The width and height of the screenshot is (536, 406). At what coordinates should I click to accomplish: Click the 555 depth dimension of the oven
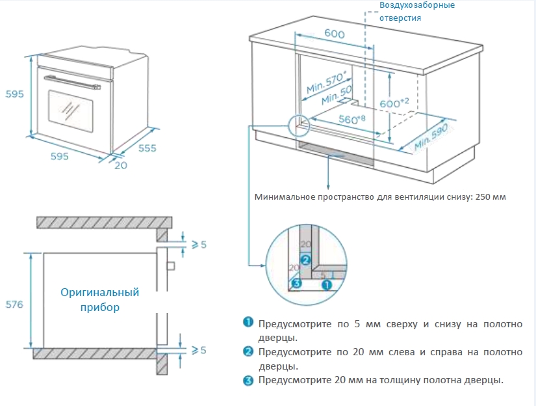tap(147, 148)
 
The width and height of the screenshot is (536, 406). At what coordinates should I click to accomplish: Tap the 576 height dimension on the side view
tap(14, 304)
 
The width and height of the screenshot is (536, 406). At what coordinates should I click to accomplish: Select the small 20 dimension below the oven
tap(121, 165)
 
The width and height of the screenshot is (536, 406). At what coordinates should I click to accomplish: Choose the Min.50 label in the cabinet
tap(337, 96)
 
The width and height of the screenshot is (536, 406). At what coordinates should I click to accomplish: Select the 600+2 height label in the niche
tap(394, 102)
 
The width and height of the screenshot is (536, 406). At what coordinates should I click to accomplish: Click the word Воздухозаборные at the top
tap(417, 5)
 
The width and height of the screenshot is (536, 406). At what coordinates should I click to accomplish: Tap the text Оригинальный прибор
tap(99, 299)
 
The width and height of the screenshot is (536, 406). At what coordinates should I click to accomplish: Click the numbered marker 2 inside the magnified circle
tap(305, 259)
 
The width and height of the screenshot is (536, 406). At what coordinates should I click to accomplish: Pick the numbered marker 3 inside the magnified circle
tap(296, 283)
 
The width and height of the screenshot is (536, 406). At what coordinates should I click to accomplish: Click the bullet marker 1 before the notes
tap(248, 323)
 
